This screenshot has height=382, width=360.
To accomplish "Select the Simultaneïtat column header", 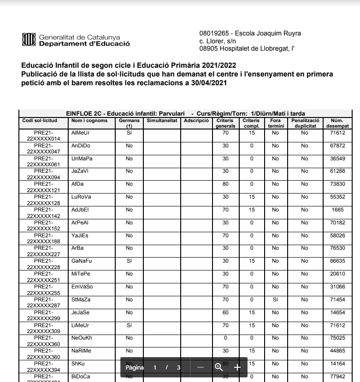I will [x=162, y=121].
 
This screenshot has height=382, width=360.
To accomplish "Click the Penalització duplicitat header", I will [x=304, y=123].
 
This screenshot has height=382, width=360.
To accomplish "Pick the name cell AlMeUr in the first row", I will [x=81, y=133].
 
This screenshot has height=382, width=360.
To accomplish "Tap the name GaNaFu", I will [x=82, y=261].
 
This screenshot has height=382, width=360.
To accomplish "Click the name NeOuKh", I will [x=82, y=338].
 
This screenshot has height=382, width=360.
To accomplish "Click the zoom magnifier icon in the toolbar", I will [x=218, y=367].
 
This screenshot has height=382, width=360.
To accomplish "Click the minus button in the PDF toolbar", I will [x=200, y=367].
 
